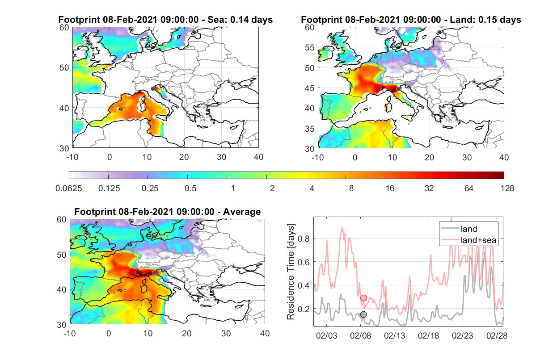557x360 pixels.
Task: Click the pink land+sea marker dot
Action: click(363, 298)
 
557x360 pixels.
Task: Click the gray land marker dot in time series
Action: click(363, 314)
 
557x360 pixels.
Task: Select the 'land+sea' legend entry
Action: click(468, 240)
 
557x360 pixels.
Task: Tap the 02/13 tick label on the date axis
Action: click(394, 336)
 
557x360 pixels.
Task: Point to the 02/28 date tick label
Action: click(497, 336)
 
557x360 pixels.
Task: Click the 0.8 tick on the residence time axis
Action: click(304, 239)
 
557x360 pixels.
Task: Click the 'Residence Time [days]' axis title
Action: click(291, 272)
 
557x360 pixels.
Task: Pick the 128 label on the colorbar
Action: click(507, 188)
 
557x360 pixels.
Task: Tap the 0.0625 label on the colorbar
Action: click(69, 188)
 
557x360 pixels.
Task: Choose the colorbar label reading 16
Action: click(390, 188)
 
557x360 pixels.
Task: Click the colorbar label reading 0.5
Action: click(190, 188)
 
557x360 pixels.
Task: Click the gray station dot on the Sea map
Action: click(153, 89)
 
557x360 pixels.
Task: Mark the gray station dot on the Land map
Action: click(398, 89)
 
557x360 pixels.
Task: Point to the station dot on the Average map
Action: click(154, 273)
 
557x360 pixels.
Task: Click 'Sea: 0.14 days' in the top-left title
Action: click(240, 20)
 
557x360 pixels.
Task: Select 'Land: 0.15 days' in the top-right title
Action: click(485, 20)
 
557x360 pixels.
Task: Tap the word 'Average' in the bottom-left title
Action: click(242, 212)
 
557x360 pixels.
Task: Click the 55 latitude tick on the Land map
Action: click(310, 48)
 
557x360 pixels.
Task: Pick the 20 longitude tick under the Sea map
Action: click(184, 157)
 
